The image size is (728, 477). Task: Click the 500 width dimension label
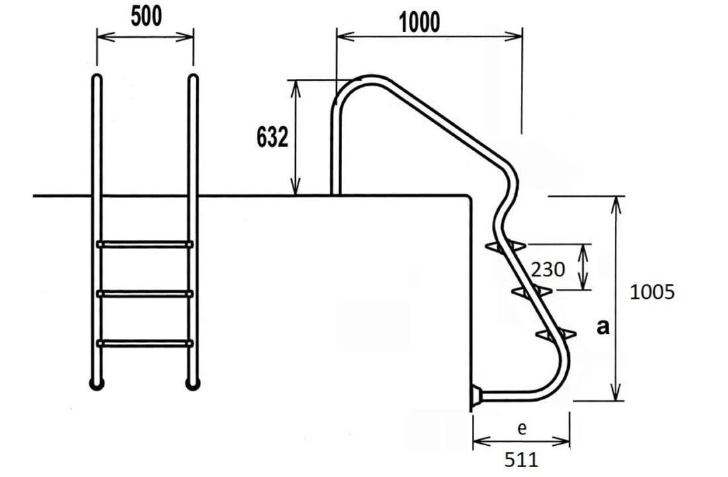(x=146, y=17)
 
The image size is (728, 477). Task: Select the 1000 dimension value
(x=420, y=23)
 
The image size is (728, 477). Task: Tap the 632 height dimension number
(x=272, y=138)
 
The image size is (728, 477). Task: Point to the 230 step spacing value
(x=548, y=269)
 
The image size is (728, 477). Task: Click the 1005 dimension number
(x=652, y=292)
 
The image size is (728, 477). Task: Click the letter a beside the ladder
(x=602, y=327)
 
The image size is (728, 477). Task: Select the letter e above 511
(x=522, y=429)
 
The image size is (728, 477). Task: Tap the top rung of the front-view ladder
(x=146, y=244)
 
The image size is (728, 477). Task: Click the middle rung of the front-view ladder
(x=146, y=293)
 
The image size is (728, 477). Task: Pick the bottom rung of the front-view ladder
(x=146, y=343)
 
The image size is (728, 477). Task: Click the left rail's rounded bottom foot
(x=97, y=384)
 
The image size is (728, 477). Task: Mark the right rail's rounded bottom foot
(x=193, y=384)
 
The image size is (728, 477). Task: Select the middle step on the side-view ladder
(x=531, y=291)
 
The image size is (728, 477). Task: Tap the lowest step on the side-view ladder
(x=556, y=334)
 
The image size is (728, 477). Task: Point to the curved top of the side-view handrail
(x=364, y=80)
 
